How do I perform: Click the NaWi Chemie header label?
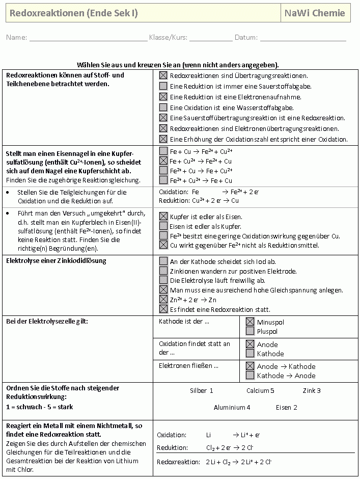(x=315, y=13)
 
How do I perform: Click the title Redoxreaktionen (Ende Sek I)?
(x=74, y=13)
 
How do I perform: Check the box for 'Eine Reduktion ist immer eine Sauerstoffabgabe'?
(x=163, y=86)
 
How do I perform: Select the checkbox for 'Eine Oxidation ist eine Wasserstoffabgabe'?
(x=163, y=108)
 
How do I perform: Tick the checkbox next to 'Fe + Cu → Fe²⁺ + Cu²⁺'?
(x=163, y=151)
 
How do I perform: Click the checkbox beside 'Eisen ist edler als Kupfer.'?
(x=163, y=226)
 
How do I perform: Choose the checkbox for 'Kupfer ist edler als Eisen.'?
(x=163, y=216)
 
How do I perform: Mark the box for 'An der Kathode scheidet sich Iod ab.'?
(x=163, y=261)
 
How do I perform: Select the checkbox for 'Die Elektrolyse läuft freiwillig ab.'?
(x=163, y=280)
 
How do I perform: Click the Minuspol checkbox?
(x=250, y=322)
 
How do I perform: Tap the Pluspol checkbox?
(x=250, y=331)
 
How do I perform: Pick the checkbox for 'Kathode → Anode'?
(x=250, y=376)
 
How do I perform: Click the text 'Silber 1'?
(x=201, y=391)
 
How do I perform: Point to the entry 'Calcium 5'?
(x=260, y=391)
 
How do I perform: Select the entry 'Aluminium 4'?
(x=232, y=407)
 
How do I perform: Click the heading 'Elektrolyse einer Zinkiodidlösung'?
(x=56, y=261)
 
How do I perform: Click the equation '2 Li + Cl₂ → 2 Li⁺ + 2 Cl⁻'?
(x=238, y=462)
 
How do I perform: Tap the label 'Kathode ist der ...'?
(x=184, y=322)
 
